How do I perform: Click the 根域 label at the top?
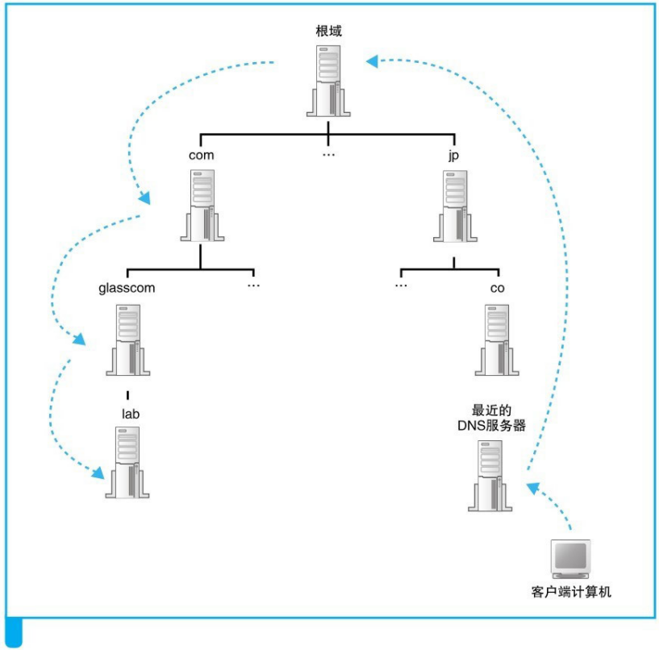pyautogui.click(x=329, y=32)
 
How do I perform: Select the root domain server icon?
pyautogui.click(x=328, y=81)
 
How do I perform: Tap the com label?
pyautogui.click(x=202, y=155)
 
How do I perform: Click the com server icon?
pyautogui.click(x=200, y=205)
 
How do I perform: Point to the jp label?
pyautogui.click(x=453, y=155)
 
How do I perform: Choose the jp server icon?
pyautogui.click(x=456, y=205)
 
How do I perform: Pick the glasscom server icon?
pyautogui.click(x=127, y=340)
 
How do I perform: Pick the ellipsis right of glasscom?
pyautogui.click(x=253, y=286)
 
